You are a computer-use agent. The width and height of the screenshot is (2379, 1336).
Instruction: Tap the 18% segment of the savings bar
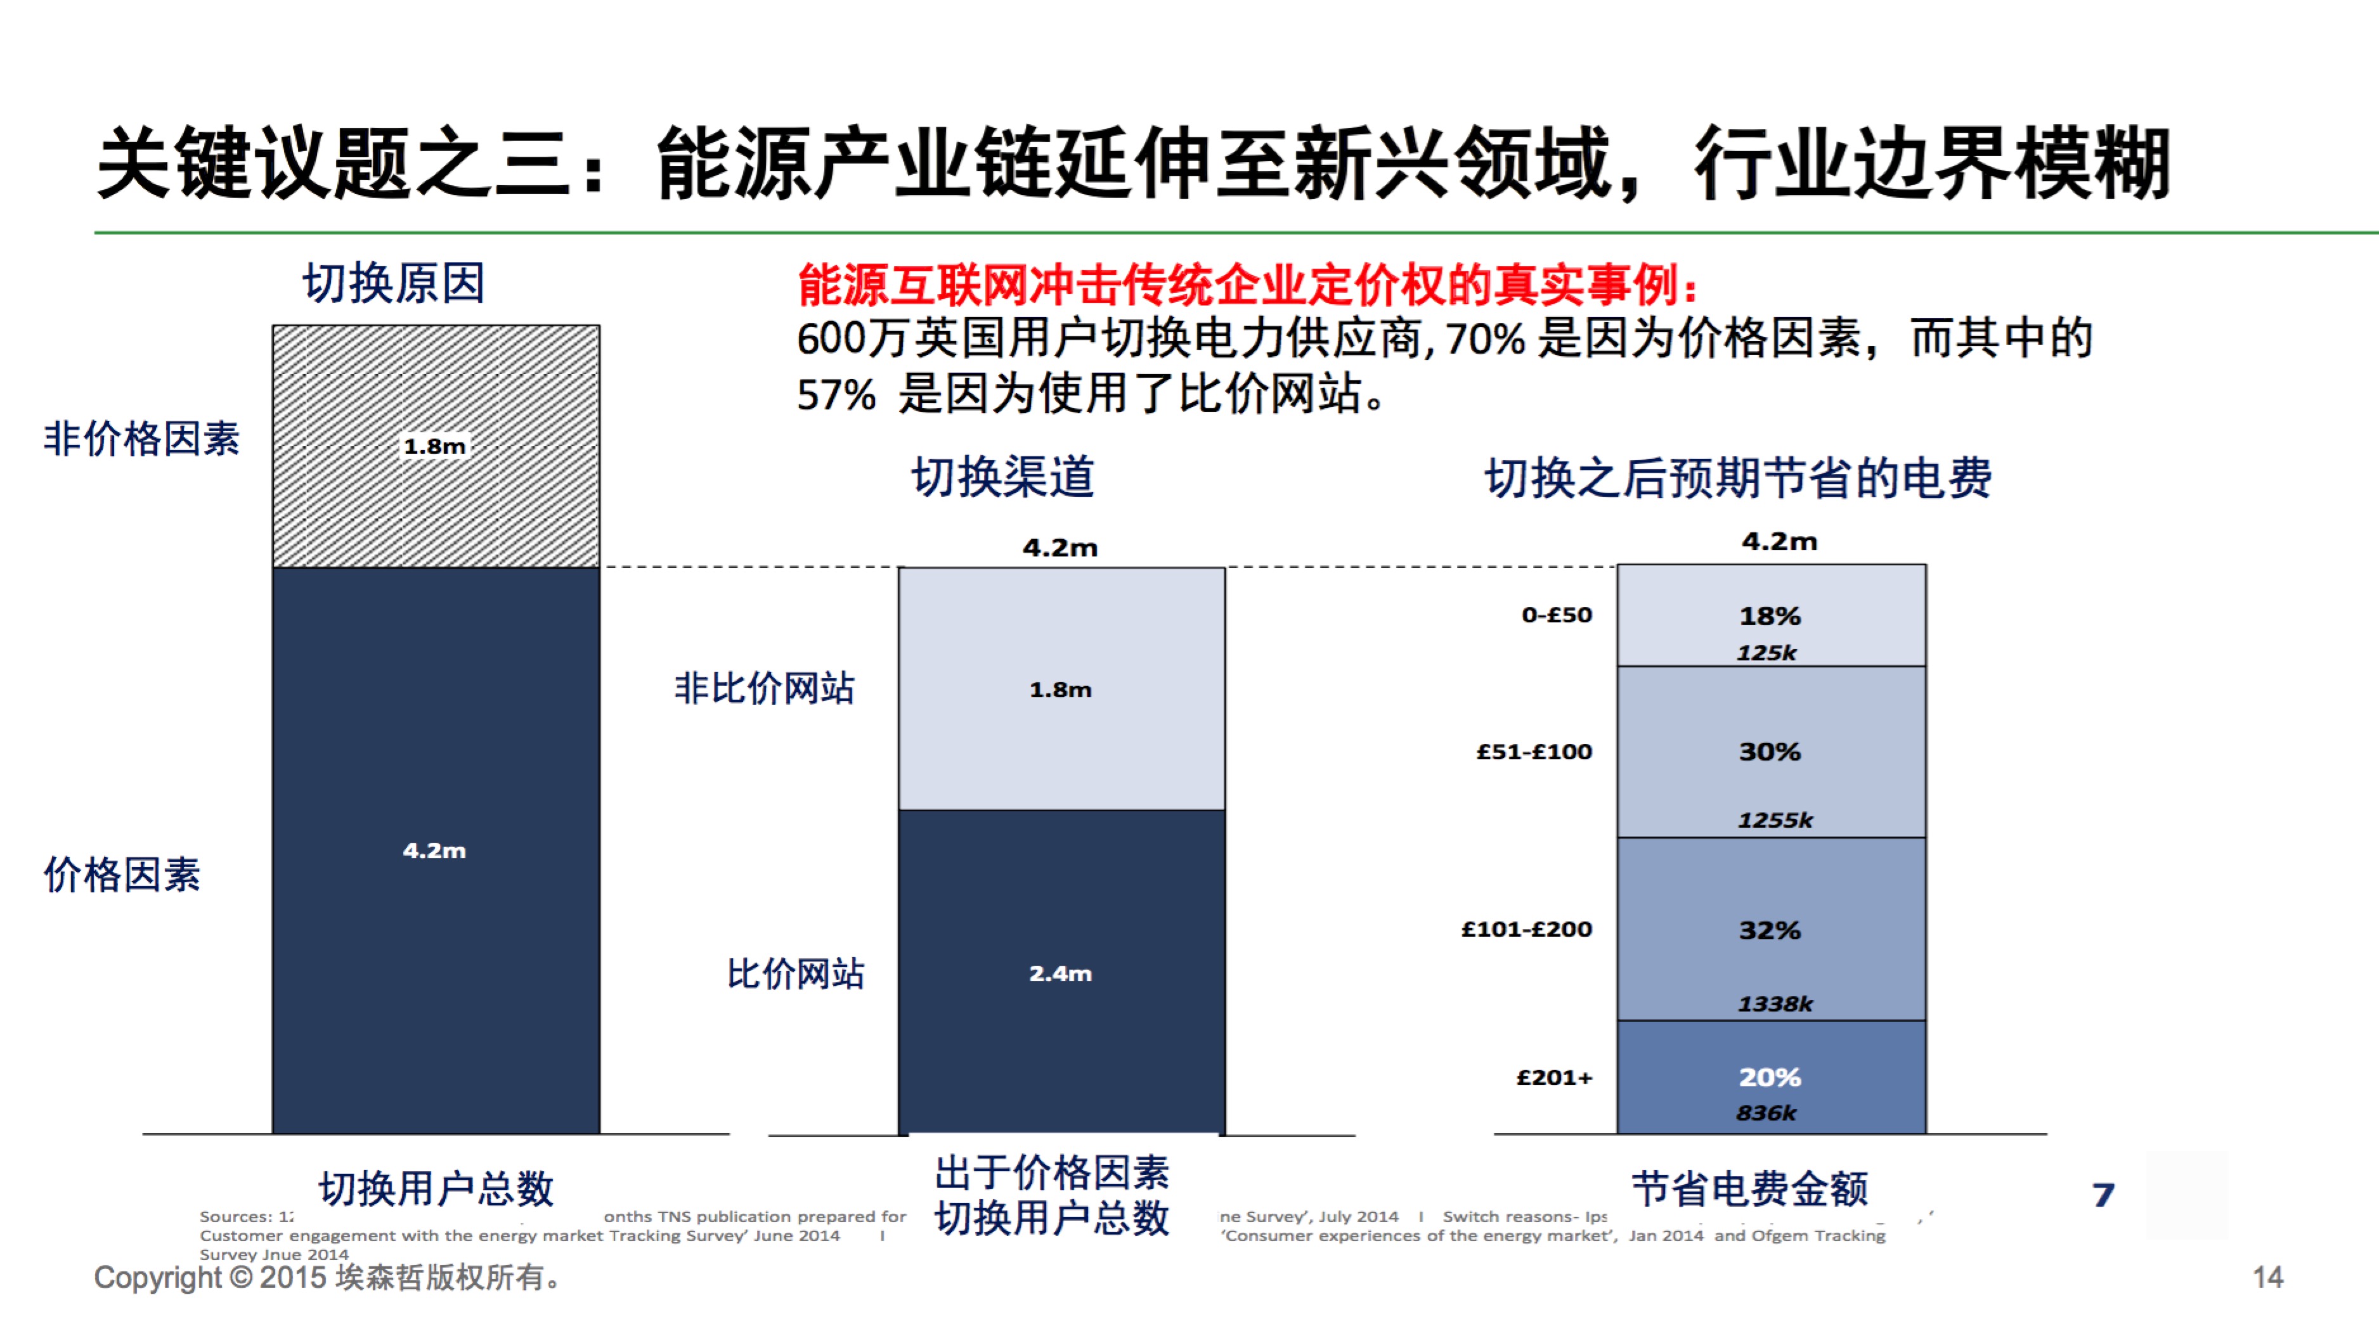pos(1770,616)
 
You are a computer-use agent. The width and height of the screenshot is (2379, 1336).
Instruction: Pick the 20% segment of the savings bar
pos(1770,1077)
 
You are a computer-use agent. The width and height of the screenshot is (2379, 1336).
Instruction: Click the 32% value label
pos(1770,930)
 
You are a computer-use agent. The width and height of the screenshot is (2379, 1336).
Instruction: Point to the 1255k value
pos(1775,820)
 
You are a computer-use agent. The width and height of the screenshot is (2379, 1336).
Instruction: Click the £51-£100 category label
pos(1534,752)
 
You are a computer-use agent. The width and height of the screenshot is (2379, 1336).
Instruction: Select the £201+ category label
pos(1554,1077)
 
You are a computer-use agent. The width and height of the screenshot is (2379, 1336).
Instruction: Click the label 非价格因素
pos(141,439)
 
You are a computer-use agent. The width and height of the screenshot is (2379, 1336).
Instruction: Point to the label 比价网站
pos(795,973)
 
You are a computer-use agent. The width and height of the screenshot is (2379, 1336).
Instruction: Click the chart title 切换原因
pos(394,283)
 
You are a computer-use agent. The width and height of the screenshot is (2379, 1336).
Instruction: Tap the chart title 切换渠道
pos(1003,477)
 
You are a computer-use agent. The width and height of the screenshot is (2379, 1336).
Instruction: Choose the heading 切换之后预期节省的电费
pos(1737,479)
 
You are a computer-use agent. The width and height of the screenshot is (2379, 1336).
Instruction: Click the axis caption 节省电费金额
pos(1749,1188)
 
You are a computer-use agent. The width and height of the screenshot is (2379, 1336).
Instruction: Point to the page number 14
pos(2267,1277)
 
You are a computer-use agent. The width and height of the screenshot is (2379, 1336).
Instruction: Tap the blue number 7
pos(2103,1195)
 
